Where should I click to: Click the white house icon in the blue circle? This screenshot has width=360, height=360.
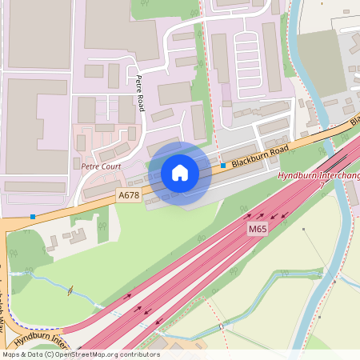(180, 173)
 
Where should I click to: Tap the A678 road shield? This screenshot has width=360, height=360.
(128, 195)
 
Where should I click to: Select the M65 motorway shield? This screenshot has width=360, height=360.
(256, 230)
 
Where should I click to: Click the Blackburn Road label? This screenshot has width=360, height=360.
(259, 156)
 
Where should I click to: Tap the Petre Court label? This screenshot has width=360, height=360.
(100, 166)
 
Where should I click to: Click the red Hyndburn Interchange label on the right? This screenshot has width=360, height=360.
(318, 176)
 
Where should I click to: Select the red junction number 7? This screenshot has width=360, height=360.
(322, 185)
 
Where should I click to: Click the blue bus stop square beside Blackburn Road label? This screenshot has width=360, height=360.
(223, 166)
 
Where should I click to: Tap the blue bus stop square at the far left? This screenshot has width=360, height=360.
(33, 216)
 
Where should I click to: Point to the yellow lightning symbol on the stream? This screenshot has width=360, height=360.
(72, 290)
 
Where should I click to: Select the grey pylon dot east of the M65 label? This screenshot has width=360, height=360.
(303, 229)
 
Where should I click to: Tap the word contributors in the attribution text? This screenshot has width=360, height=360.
(137, 354)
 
